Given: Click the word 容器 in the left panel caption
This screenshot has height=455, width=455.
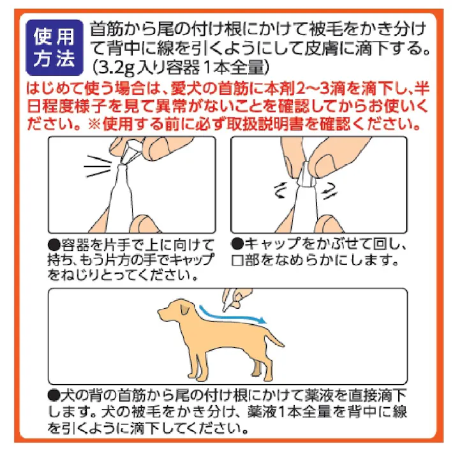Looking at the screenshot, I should pos(75,244).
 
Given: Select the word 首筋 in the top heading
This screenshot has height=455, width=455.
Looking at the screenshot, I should pos(107,30).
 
